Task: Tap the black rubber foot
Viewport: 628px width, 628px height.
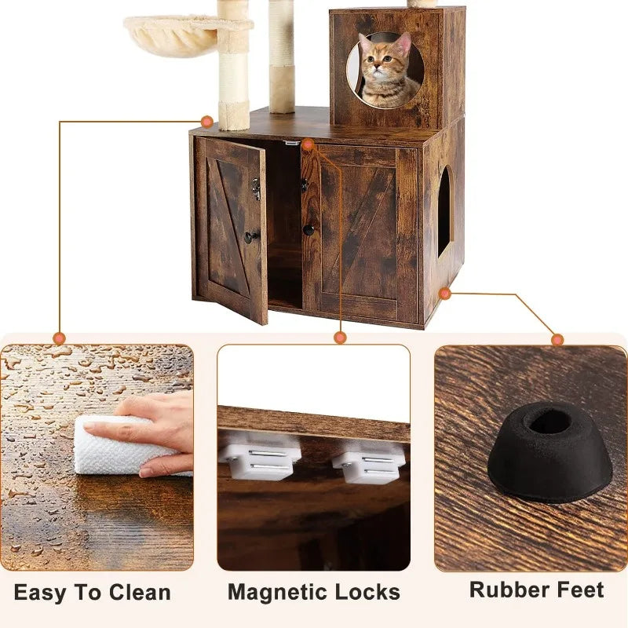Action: [549, 451]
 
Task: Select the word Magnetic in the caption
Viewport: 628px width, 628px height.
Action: [274, 592]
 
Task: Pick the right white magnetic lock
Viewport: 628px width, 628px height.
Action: [368, 462]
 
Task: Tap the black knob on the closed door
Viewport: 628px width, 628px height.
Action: [309, 230]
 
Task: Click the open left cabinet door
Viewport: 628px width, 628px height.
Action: [232, 228]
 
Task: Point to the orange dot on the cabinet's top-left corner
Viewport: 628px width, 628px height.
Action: [206, 122]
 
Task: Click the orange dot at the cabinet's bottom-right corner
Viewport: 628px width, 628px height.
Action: [445, 294]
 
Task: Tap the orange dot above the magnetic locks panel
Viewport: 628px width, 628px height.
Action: [340, 338]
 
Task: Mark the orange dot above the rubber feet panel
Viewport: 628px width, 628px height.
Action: [557, 339]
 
